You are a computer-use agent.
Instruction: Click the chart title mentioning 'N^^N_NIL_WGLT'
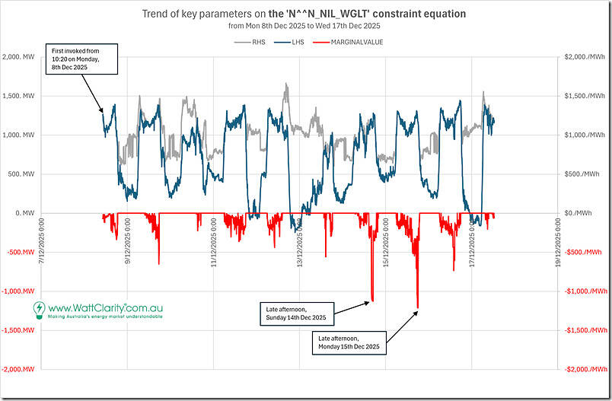[304, 13]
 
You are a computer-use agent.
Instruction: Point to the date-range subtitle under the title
[304, 25]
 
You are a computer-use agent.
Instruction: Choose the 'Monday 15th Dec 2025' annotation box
[352, 342]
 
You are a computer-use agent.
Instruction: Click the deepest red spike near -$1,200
[418, 306]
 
